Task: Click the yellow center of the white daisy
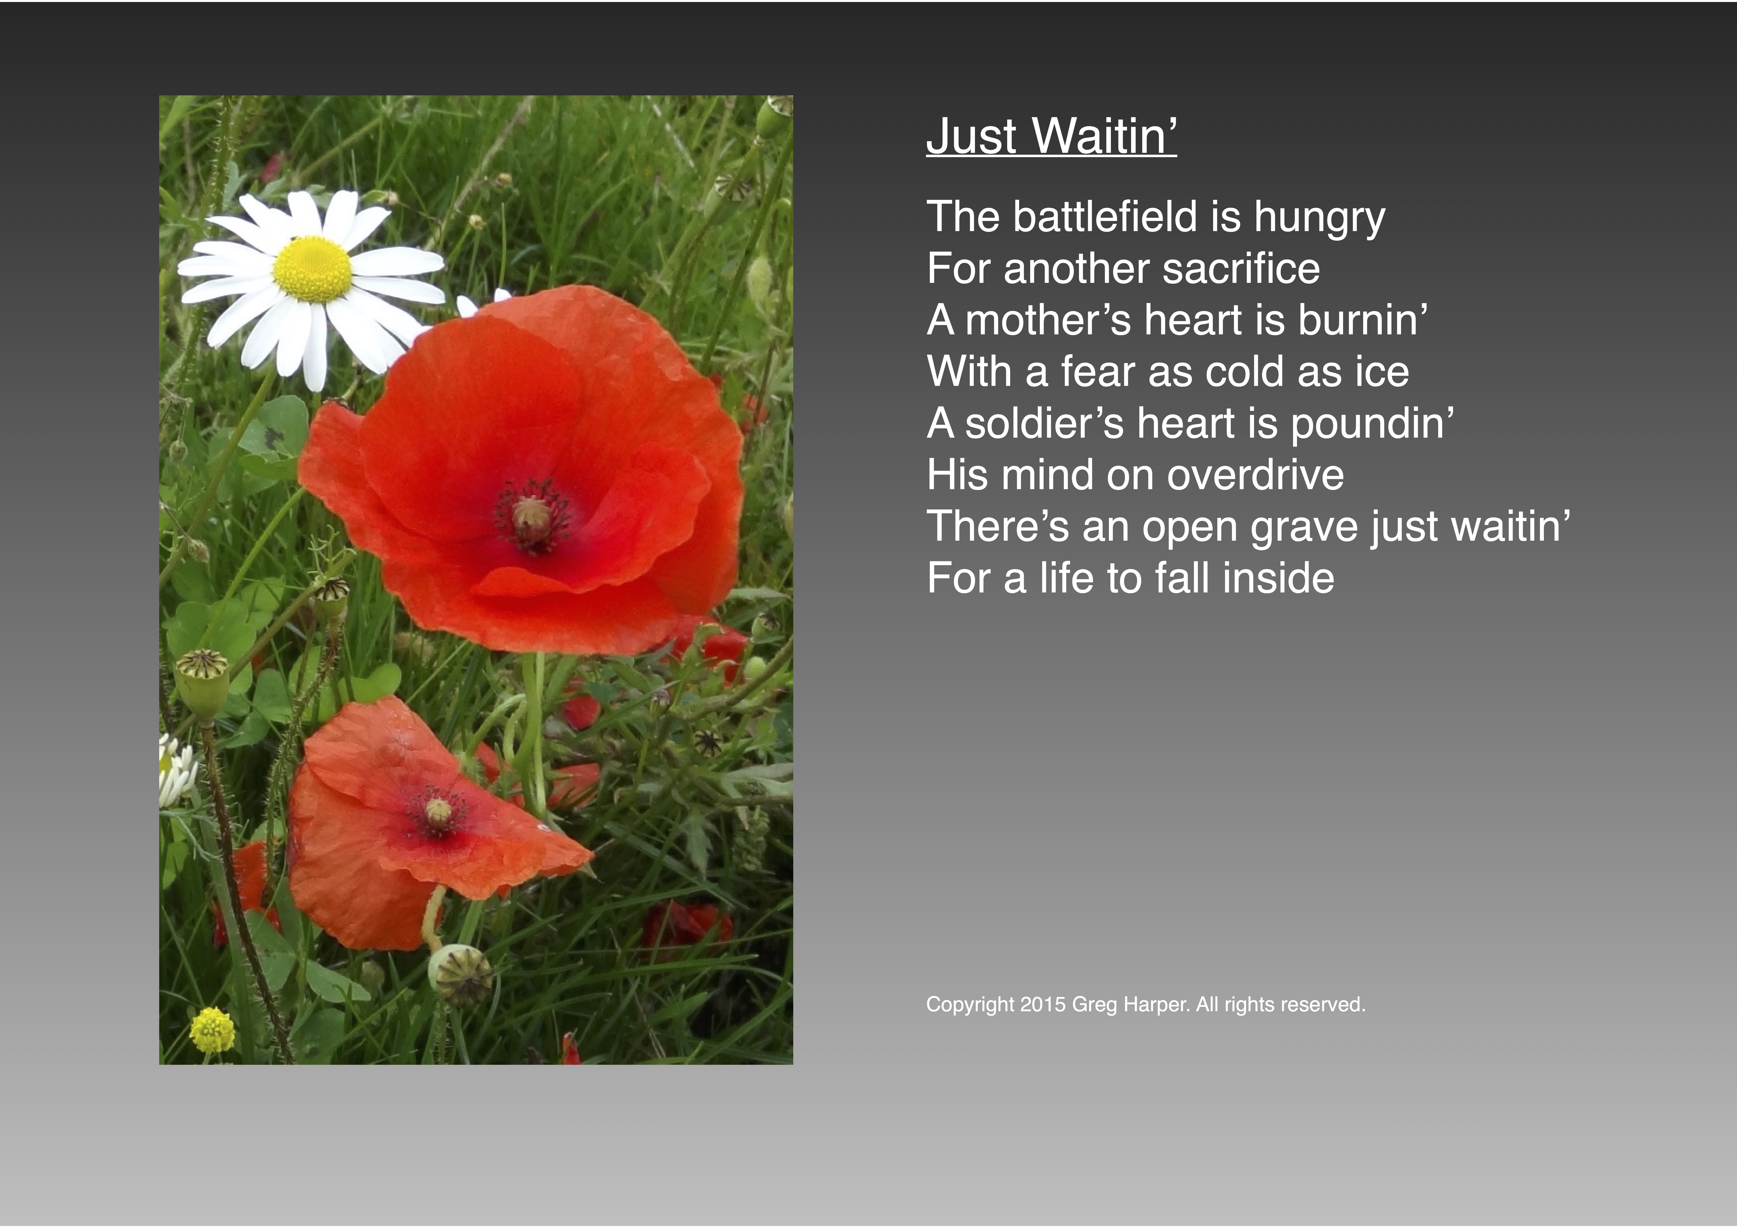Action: (x=312, y=268)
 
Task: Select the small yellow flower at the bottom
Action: (x=212, y=1030)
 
